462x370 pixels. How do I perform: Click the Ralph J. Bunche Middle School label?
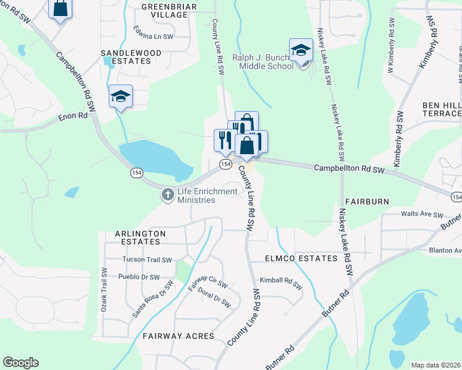pyautogui.click(x=262, y=62)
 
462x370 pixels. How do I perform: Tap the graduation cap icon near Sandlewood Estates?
pyautogui.click(x=121, y=96)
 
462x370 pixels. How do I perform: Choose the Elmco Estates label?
pyautogui.click(x=301, y=258)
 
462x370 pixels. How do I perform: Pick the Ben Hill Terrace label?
pyautogui.click(x=442, y=110)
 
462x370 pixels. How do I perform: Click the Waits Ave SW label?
pyautogui.click(x=422, y=215)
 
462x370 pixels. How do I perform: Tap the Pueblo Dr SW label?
pyautogui.click(x=139, y=277)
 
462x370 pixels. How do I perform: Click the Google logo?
pyautogui.click(x=20, y=363)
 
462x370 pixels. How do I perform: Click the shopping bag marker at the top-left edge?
pyautogui.click(x=61, y=9)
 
